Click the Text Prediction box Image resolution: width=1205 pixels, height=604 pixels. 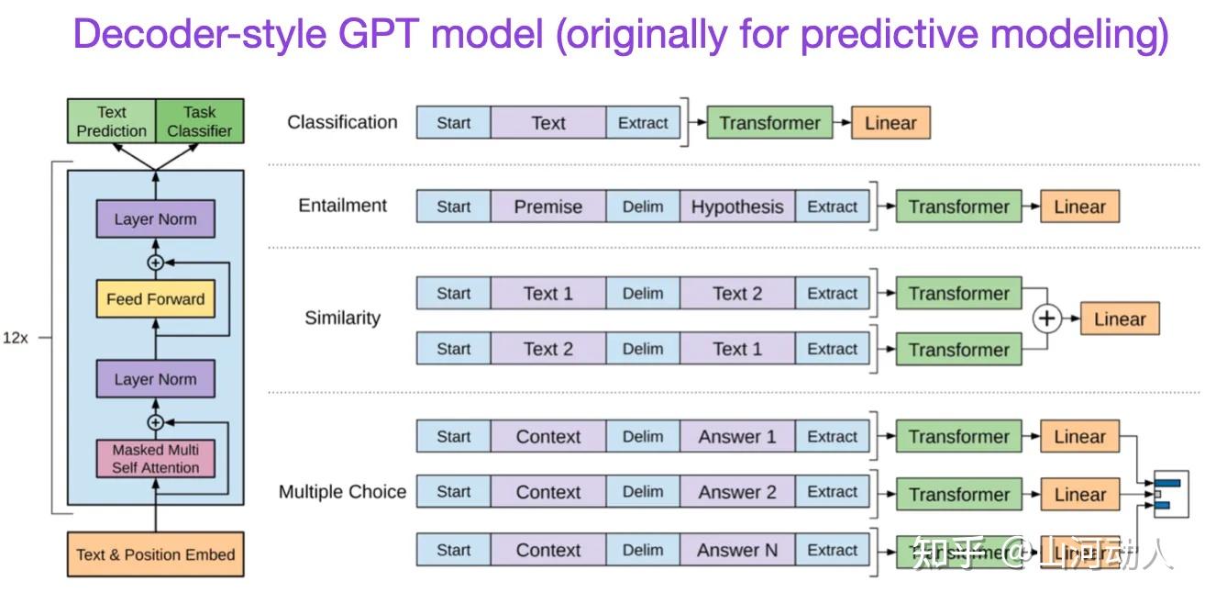pyautogui.click(x=111, y=121)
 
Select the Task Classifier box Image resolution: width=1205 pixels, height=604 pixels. pyautogui.click(x=199, y=121)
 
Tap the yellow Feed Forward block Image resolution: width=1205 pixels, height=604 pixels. pyautogui.click(x=155, y=299)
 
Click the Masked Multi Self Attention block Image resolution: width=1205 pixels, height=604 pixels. pyautogui.click(x=155, y=458)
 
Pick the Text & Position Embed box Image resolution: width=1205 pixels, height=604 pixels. pyautogui.click(x=155, y=554)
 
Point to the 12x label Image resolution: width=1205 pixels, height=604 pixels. pyautogui.click(x=16, y=338)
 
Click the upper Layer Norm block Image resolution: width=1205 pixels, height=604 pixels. pyautogui.click(x=155, y=219)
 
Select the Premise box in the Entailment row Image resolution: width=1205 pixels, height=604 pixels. pyautogui.click(x=547, y=207)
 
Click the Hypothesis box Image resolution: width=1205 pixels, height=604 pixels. pyautogui.click(x=736, y=207)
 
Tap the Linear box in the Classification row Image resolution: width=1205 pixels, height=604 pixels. pyautogui.click(x=890, y=123)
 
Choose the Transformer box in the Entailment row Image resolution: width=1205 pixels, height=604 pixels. pyautogui.click(x=958, y=207)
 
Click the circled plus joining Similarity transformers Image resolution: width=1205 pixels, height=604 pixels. pyautogui.click(x=1046, y=319)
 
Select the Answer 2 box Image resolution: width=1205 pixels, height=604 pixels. pyautogui.click(x=736, y=492)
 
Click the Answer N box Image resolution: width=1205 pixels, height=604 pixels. pyautogui.click(x=736, y=550)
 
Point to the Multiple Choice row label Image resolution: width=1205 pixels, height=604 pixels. pyautogui.click(x=342, y=492)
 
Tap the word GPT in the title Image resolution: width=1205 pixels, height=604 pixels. pyautogui.click(x=381, y=35)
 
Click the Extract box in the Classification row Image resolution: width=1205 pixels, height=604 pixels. pyautogui.click(x=643, y=123)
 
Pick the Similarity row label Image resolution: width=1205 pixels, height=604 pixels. pyautogui.click(x=342, y=319)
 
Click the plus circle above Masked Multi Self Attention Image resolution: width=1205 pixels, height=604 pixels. pyautogui.click(x=155, y=422)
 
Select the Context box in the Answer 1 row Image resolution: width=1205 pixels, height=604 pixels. pyautogui.click(x=547, y=437)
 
